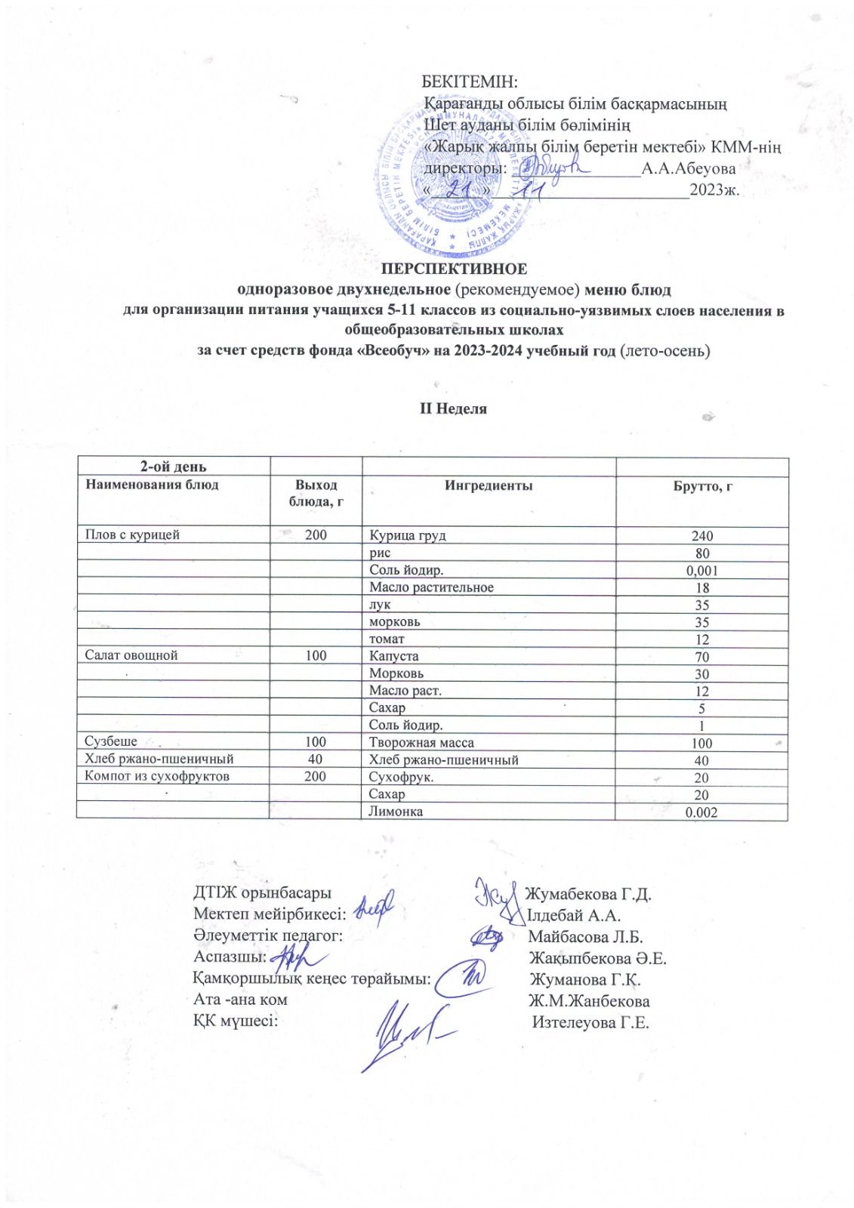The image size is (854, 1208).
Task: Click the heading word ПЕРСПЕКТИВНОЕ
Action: (x=453, y=269)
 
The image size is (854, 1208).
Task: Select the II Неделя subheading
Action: (x=453, y=408)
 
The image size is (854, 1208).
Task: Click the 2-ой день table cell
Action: (x=173, y=467)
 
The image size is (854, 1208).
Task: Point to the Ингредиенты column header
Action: (x=488, y=485)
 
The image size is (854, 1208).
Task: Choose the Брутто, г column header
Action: (x=702, y=486)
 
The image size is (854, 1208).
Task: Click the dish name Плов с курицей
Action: (x=132, y=535)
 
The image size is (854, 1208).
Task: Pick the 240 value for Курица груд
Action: (x=702, y=536)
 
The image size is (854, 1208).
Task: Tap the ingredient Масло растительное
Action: (x=431, y=587)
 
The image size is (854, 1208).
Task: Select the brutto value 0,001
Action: (x=702, y=571)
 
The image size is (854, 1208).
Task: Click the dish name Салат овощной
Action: (x=131, y=655)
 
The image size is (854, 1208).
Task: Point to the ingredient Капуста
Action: (x=393, y=656)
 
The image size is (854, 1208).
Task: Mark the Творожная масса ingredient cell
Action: (x=421, y=743)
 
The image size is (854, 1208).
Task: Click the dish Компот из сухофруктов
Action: (x=157, y=776)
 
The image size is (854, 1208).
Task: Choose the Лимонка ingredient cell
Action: (x=396, y=812)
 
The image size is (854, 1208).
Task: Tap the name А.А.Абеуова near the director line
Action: (x=688, y=169)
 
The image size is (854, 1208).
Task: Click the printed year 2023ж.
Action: (x=714, y=190)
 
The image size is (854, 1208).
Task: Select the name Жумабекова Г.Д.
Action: (x=588, y=895)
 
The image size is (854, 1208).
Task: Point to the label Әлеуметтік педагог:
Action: (x=268, y=936)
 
